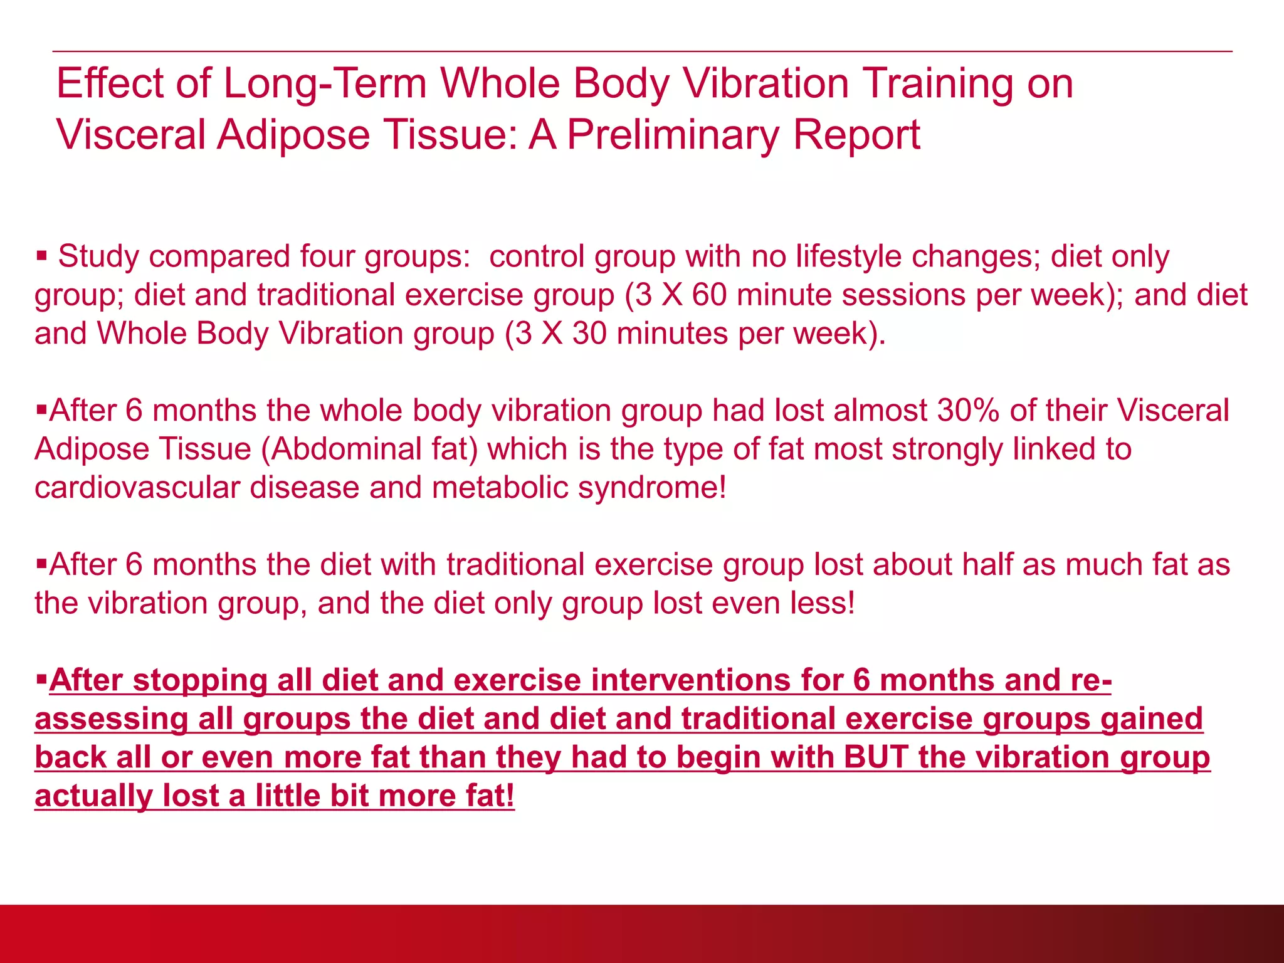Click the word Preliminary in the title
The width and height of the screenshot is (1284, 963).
(675, 135)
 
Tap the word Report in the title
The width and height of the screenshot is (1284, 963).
(856, 135)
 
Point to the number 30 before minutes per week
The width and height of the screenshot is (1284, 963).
(589, 333)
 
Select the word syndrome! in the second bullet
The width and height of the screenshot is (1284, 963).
(652, 488)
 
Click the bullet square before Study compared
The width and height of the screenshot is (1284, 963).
(42, 256)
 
